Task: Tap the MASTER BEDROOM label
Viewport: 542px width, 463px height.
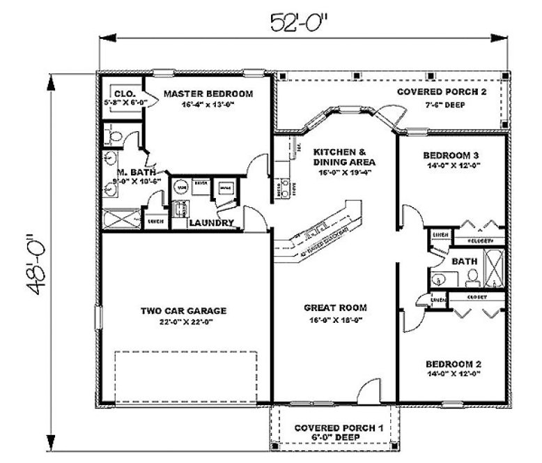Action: tap(208, 93)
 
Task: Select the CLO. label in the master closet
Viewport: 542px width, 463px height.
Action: tap(124, 93)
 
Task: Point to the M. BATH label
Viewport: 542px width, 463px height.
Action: tap(131, 172)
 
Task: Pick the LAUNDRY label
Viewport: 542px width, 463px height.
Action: tap(210, 223)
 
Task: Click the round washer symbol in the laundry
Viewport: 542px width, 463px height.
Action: tap(182, 188)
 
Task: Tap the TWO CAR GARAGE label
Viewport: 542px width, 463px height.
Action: tap(184, 311)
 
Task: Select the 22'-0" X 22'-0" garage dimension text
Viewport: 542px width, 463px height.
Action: tap(184, 323)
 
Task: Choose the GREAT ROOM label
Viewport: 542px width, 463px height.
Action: tap(335, 308)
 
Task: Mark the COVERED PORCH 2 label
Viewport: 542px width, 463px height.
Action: tap(442, 92)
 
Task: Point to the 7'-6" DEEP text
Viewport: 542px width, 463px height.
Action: tap(442, 105)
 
